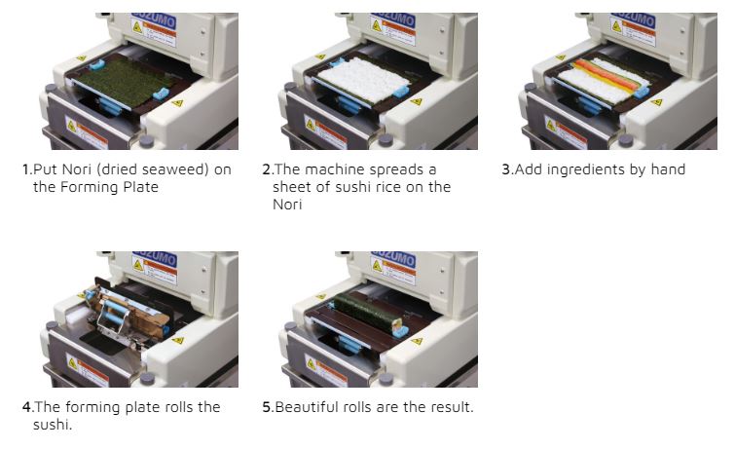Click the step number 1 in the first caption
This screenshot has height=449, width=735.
coord(26,169)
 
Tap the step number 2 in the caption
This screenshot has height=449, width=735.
coord(266,169)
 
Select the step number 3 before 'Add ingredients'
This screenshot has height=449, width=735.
coord(505,169)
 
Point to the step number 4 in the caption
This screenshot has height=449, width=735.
coord(26,407)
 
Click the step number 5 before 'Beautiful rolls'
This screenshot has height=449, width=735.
coord(266,407)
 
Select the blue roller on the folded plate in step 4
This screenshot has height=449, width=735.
coord(115,312)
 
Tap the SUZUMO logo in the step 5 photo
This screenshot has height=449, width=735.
coord(393,257)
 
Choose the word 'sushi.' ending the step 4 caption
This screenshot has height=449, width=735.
coord(53,425)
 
